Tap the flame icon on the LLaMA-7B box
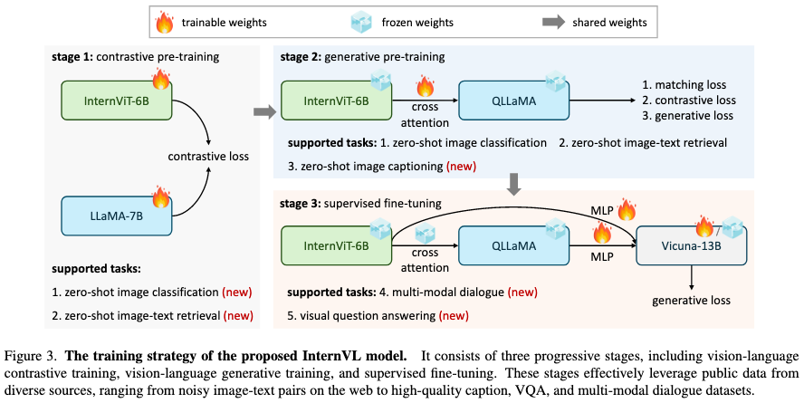coord(160,197)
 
